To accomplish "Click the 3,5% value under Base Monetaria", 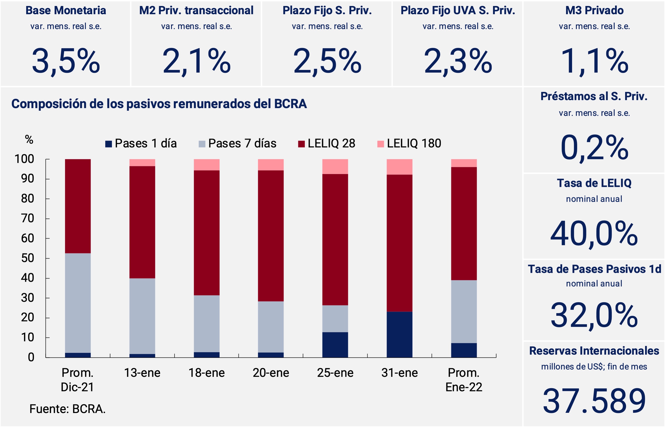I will tap(66, 61).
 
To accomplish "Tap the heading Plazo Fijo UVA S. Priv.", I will tap(458, 10).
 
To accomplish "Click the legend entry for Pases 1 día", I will tap(141, 144).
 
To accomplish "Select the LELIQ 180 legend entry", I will tap(410, 144).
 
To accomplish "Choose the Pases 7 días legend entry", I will tap(238, 144).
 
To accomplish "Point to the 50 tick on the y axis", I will tap(28, 258).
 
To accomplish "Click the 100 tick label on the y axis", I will tap(24, 159).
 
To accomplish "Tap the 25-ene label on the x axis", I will tap(335, 373).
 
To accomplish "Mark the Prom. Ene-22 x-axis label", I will tap(464, 380).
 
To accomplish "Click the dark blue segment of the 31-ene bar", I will tap(400, 334).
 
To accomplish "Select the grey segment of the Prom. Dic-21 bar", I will tap(78, 303).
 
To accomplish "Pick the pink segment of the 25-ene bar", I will tap(335, 167).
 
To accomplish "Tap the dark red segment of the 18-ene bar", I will tap(207, 233).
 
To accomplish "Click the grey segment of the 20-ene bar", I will tap(271, 327).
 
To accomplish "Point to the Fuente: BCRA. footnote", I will tap(68, 409).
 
